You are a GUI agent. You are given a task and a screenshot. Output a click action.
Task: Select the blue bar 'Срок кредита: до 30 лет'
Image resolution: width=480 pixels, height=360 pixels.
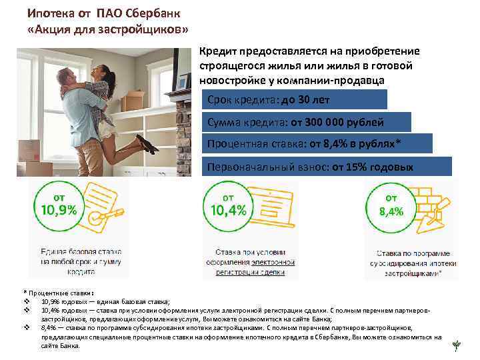(x=293, y=100)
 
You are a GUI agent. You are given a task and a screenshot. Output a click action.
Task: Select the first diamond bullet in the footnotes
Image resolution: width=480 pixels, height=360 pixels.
(x=27, y=301)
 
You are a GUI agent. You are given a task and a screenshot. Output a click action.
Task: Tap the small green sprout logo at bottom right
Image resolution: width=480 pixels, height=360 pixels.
(x=456, y=345)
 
